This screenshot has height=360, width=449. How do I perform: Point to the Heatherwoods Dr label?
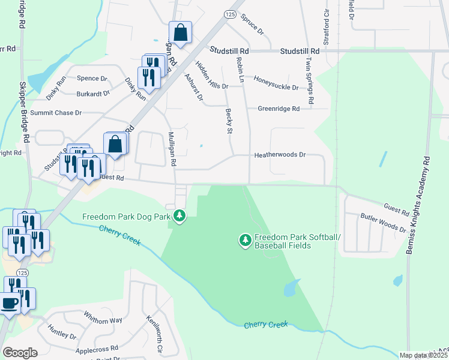280,155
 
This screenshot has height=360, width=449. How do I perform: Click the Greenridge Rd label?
279,109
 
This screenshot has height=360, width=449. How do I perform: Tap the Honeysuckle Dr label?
276,83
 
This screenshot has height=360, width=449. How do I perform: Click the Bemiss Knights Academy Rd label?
418,205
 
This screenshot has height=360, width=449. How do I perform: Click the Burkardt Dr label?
93,94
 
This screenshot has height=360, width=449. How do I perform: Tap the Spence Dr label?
92,79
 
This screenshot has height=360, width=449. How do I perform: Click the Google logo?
20,353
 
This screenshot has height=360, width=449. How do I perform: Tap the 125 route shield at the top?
231,13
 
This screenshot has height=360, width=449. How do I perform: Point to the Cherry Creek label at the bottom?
266,325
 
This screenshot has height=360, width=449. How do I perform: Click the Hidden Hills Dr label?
210,75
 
